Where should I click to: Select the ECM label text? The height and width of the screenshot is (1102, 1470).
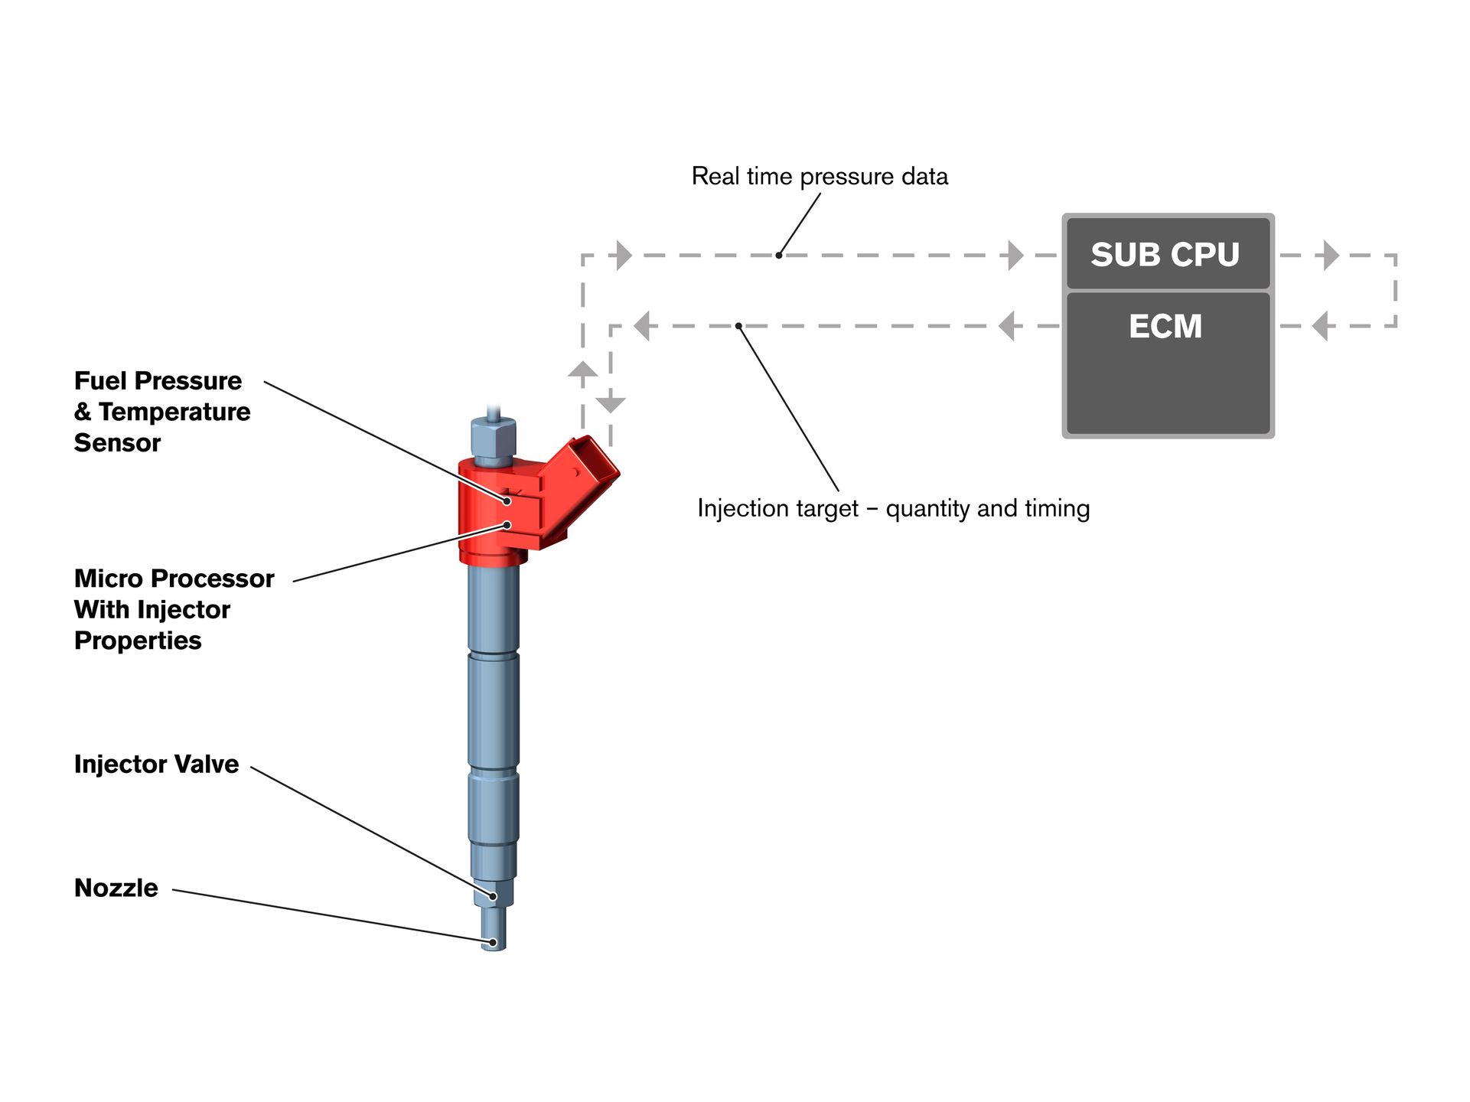coord(1165,327)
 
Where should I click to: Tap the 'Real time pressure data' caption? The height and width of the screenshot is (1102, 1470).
coord(820,176)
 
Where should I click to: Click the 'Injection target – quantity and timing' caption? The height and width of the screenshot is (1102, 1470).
coord(893,508)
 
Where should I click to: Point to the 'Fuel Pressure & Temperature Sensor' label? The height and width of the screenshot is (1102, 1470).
coord(161,412)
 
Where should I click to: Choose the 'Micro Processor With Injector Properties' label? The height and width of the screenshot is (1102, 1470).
coord(174,609)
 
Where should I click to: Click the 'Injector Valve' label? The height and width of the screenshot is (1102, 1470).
coord(156,764)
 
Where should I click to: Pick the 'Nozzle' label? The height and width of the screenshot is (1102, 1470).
coord(116,888)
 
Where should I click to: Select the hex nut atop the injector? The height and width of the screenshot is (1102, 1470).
coord(494,440)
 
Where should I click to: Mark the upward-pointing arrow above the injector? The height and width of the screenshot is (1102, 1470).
coord(583,370)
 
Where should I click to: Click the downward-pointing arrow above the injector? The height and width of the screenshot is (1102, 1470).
coord(611,404)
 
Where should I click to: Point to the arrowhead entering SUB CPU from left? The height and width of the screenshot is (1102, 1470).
coord(1015,256)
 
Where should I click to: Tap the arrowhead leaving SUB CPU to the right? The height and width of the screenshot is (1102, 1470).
coord(1331,256)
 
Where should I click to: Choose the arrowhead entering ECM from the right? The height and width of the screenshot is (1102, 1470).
coord(1321,326)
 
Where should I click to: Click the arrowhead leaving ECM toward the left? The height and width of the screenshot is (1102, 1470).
coord(1008,326)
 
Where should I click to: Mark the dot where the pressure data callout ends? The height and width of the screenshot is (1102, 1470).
coord(779,255)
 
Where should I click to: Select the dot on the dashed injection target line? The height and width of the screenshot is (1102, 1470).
coord(738,326)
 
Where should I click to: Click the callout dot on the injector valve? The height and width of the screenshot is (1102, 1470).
coord(493,896)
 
